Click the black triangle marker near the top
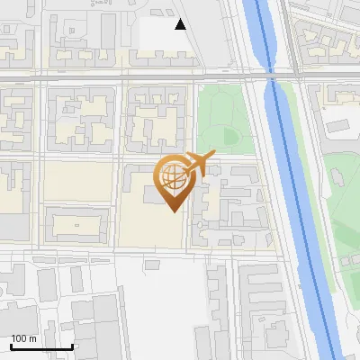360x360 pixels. (x=181, y=24)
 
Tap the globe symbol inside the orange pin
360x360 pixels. (x=171, y=176)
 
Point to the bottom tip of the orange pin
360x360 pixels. (x=173, y=211)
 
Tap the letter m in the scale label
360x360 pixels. (x=33, y=338)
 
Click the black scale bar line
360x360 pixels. (x=41, y=346)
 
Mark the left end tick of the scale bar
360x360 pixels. (x=12, y=346)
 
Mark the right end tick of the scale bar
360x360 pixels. (x=72, y=346)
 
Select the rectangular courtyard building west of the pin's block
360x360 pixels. (x=76, y=223)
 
